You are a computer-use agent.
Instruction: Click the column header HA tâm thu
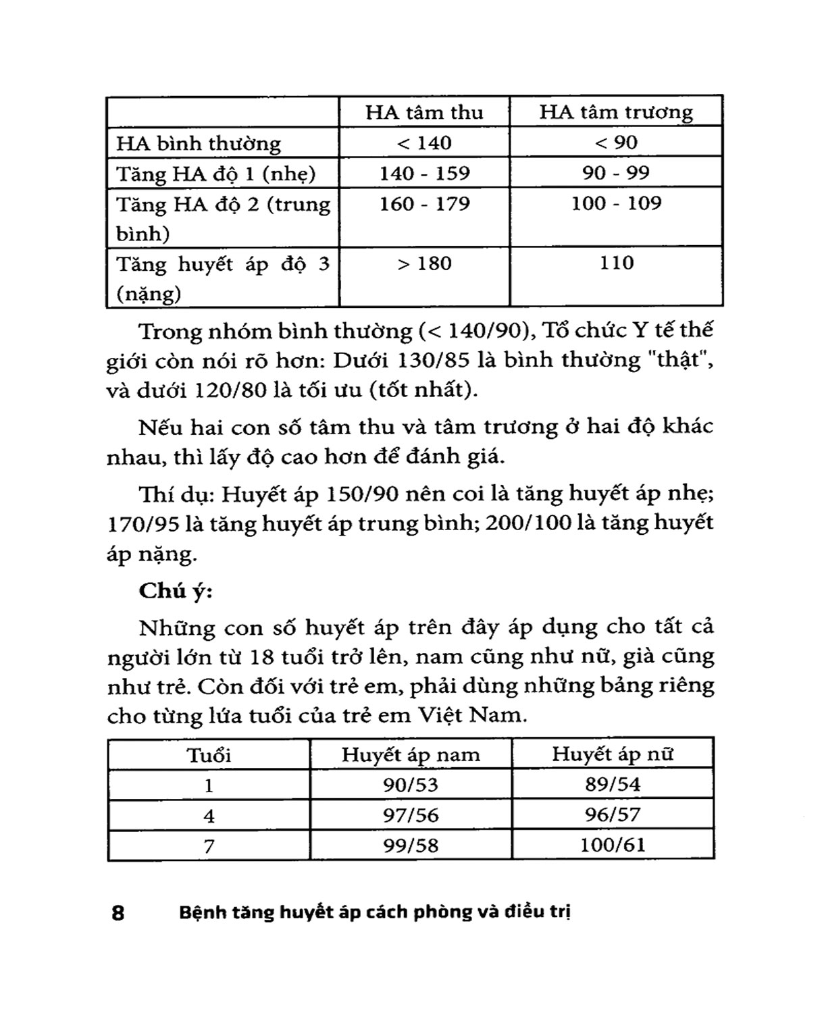[424, 112]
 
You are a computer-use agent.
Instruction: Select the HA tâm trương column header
[616, 112]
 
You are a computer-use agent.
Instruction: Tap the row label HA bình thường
[198, 143]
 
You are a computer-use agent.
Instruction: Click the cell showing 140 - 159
[424, 174]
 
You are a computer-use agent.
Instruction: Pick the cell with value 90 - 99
[616, 173]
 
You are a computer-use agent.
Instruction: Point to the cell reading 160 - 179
[424, 204]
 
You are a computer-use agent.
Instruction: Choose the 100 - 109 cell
[616, 203]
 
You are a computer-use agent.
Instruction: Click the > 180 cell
[424, 263]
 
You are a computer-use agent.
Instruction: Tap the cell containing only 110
[616, 263]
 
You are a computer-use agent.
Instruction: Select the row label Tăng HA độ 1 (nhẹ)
[216, 174]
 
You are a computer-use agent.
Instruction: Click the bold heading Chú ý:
[176, 591]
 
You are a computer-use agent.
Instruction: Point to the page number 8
[118, 913]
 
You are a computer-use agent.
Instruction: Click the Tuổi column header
[209, 754]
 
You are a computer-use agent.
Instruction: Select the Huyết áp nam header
[411, 754]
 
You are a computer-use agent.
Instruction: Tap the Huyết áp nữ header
[613, 754]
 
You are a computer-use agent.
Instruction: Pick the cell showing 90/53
[411, 785]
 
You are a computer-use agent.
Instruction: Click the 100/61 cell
[613, 844]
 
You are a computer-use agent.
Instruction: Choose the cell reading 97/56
[411, 815]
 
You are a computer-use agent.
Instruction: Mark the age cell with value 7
[209, 846]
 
